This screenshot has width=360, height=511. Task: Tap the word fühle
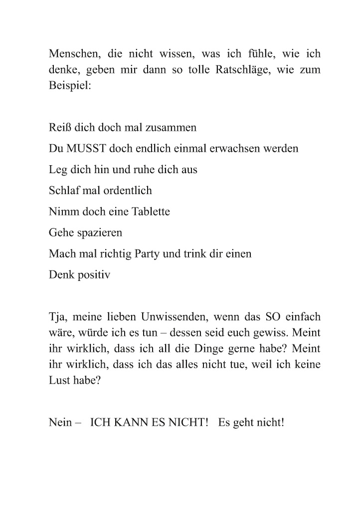(x=268, y=54)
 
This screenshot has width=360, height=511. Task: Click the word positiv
(x=93, y=275)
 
